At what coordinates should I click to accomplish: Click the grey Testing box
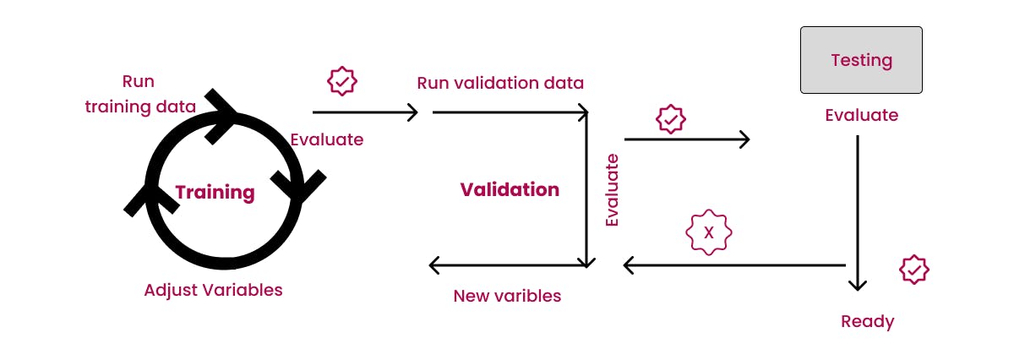coord(861,60)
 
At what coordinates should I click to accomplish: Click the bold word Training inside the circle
coord(215,192)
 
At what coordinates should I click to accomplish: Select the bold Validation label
coord(510,189)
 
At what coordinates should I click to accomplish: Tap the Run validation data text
coord(500,83)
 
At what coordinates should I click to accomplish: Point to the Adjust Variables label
coord(213,290)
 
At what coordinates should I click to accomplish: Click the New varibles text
coord(507,296)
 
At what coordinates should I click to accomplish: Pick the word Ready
coord(867,321)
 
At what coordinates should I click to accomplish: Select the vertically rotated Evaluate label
coord(613,190)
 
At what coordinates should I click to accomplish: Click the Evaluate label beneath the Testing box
coord(861,115)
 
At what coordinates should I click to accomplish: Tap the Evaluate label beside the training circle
coord(326,139)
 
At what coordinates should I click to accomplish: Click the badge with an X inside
coord(708,232)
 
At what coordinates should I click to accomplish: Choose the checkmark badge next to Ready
coord(913,270)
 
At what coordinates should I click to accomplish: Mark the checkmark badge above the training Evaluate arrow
coord(342,81)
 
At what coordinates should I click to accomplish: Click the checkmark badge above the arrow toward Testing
coord(671,120)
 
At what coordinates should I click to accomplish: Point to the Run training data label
coord(140,95)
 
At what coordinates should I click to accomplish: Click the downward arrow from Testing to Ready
coord(858,211)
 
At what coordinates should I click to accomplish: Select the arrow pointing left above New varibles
coord(507,265)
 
